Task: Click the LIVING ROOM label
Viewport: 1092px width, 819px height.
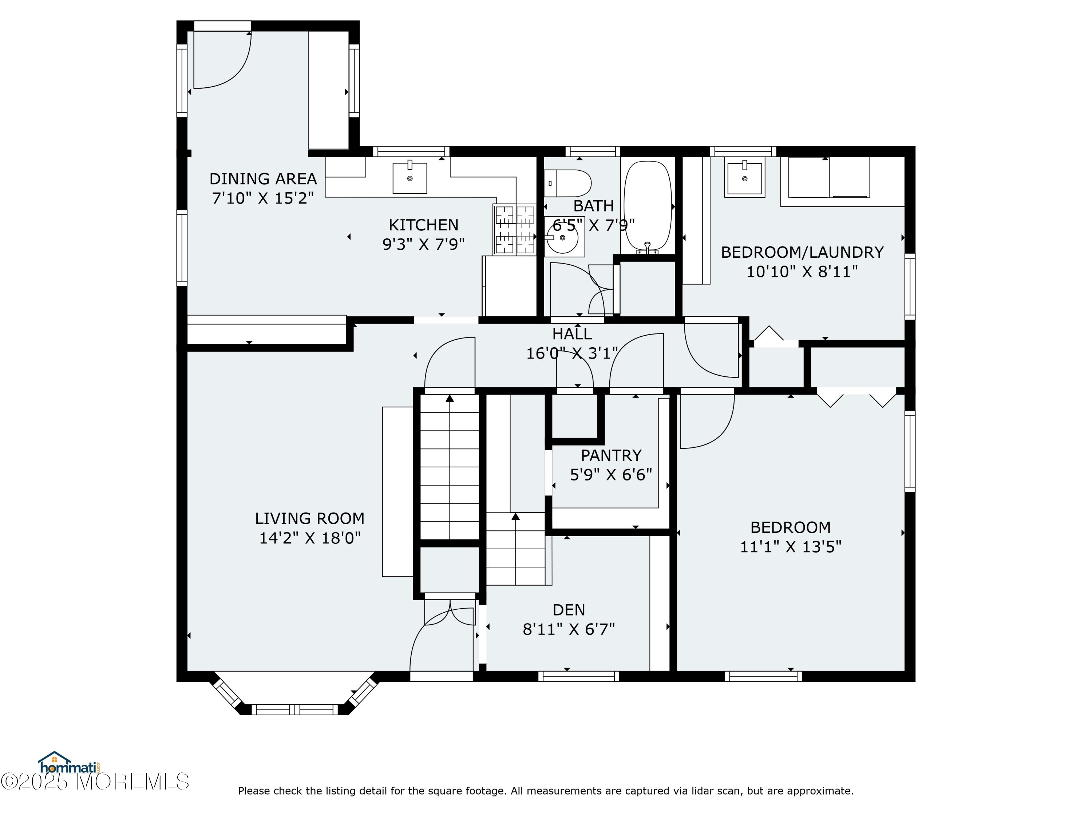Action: (x=309, y=518)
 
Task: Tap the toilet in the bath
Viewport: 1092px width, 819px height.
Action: (x=568, y=183)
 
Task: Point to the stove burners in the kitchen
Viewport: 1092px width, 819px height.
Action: (x=515, y=230)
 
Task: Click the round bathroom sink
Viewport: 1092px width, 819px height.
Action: (x=563, y=237)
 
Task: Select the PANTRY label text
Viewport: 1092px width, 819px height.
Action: (x=611, y=455)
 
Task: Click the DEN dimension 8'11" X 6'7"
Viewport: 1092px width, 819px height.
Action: (x=569, y=629)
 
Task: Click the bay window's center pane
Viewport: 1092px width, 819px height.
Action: (x=295, y=710)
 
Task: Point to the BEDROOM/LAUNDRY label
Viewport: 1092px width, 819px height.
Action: (x=802, y=252)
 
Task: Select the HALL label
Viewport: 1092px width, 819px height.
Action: (x=572, y=334)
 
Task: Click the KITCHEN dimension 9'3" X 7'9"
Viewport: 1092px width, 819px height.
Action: (x=424, y=244)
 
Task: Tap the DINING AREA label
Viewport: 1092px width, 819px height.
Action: (x=263, y=179)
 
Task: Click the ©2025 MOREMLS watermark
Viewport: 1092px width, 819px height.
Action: (x=95, y=782)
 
